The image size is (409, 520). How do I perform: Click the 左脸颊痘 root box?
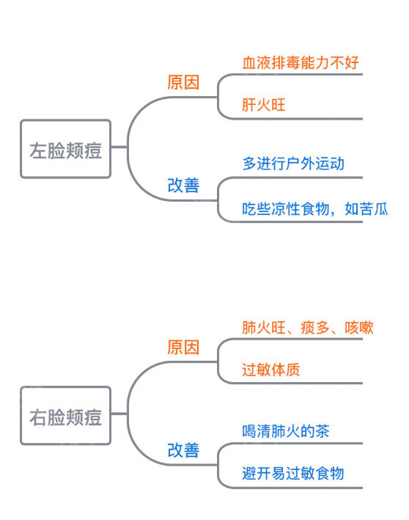click(65, 150)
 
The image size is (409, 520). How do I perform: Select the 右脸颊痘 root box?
click(65, 417)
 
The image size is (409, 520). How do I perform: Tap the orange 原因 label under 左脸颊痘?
click(183, 82)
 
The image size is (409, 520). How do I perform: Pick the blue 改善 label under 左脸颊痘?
click(183, 185)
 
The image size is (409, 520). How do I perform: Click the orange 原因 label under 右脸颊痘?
click(183, 347)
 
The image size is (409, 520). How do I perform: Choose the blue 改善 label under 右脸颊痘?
click(183, 450)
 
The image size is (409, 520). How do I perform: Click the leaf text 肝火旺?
click(264, 105)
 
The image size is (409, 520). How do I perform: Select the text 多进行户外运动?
click(293, 164)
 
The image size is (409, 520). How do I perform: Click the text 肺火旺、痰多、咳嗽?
click(308, 327)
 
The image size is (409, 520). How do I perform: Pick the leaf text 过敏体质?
click(271, 370)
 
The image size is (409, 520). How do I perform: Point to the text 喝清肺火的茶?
click(286, 431)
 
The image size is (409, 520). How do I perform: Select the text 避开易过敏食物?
click(293, 474)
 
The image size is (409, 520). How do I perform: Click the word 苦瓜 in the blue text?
click(373, 208)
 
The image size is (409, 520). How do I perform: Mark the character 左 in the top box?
click(37, 150)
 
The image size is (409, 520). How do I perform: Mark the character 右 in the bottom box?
click(37, 417)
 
